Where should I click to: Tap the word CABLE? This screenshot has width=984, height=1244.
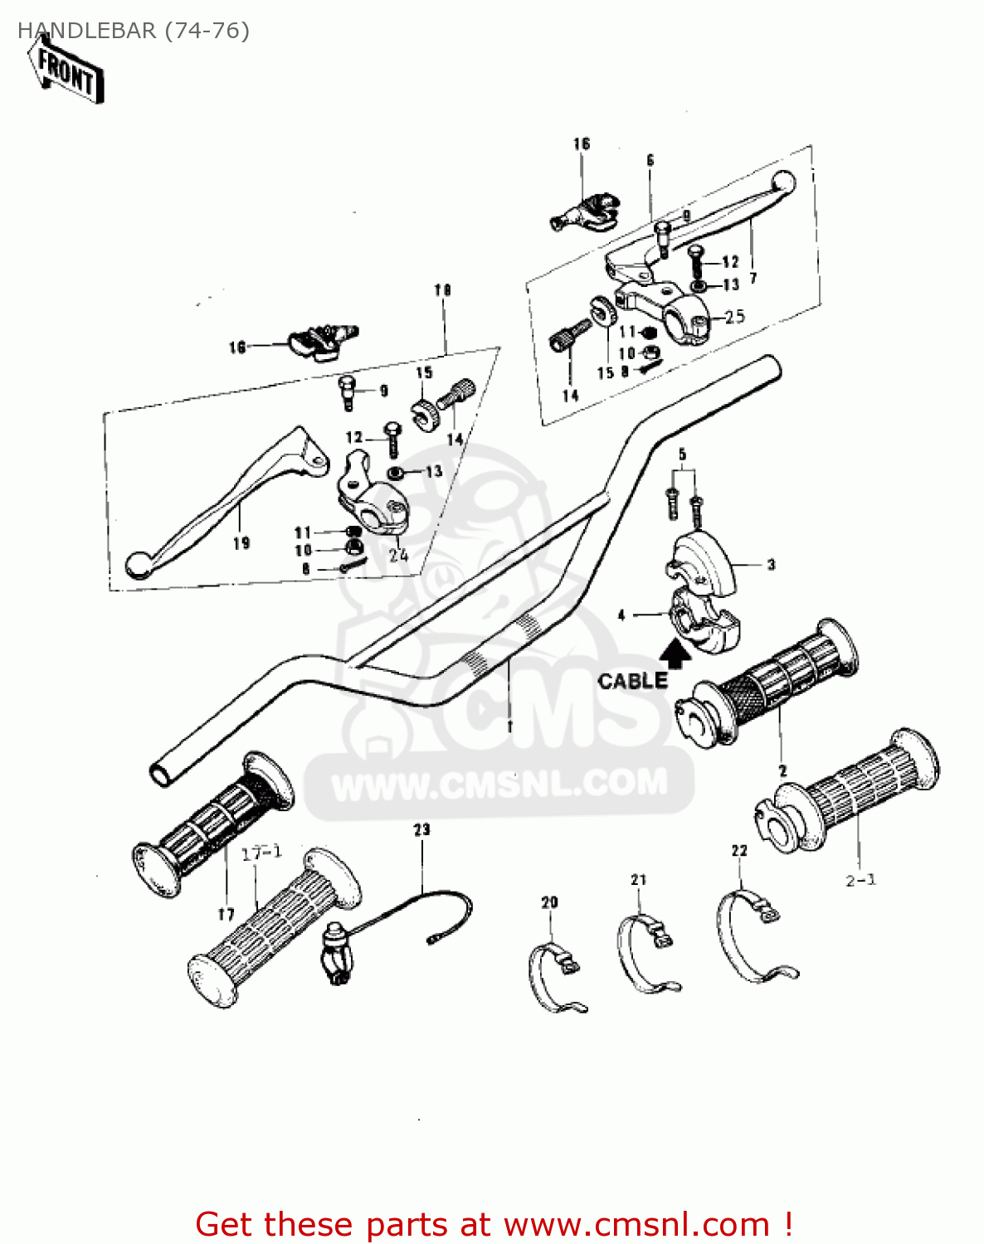pos(633,681)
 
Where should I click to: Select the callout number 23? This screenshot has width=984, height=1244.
pos(422,829)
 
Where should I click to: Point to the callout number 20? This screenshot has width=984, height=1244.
pos(549,902)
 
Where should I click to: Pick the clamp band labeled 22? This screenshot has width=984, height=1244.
pos(751,937)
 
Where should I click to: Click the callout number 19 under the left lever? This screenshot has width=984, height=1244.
pos(241,543)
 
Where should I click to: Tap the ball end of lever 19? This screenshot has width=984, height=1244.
pos(138,566)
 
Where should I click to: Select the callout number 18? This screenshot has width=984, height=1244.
pos(442,290)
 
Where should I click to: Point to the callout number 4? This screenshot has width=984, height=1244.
pos(621,615)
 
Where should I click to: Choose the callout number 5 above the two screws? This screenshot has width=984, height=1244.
pos(682,455)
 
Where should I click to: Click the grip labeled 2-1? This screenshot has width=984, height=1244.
pos(855,796)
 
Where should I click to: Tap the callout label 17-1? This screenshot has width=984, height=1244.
pos(261,853)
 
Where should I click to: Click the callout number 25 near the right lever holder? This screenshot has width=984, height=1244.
pos(734,317)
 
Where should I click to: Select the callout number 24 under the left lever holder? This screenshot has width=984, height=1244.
pos(398,555)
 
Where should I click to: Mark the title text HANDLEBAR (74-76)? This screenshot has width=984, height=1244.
pos(134,31)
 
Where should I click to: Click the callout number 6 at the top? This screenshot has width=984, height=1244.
pos(650,160)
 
